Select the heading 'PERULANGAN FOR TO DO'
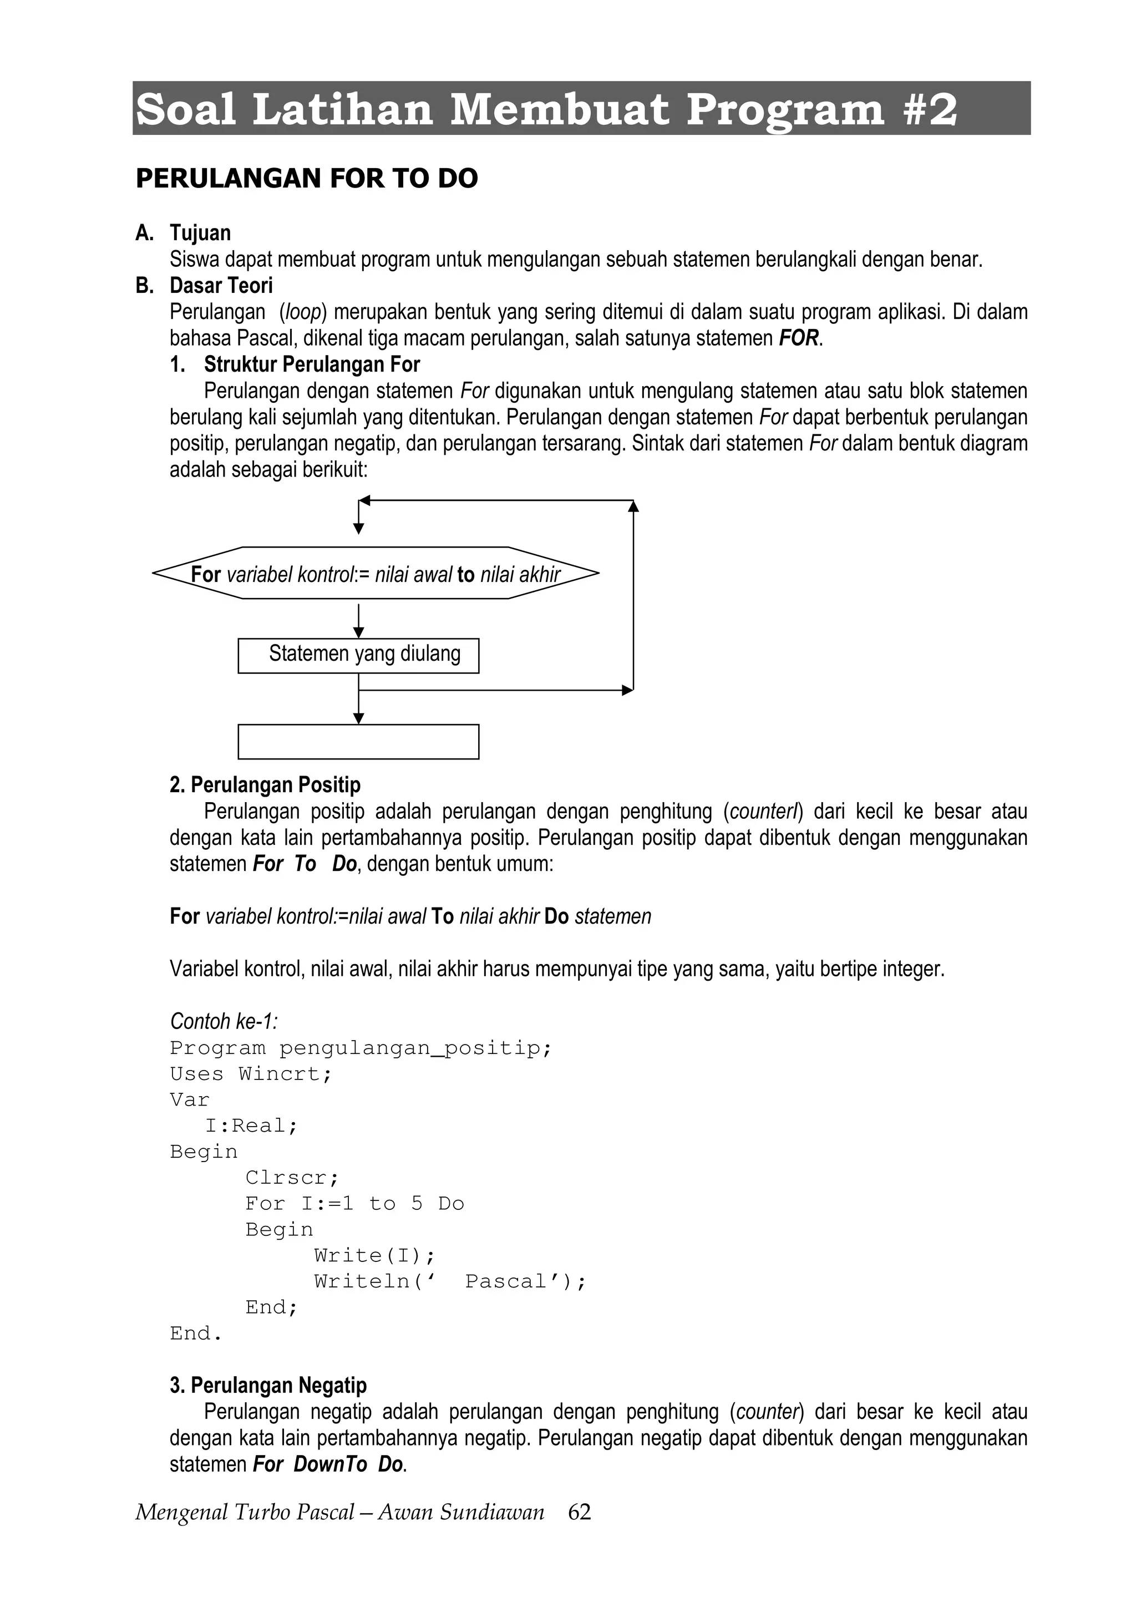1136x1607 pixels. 307,179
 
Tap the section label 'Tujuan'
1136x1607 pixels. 200,233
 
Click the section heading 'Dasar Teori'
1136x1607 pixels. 221,286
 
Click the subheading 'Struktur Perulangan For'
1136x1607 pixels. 312,364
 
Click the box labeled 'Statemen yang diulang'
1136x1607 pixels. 358,655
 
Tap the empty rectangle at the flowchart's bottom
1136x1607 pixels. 358,742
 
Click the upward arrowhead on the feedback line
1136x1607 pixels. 633,506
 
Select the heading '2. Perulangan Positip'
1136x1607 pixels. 265,784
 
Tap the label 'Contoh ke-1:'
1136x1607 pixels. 224,1021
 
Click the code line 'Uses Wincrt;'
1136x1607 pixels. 251,1074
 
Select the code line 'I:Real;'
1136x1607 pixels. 251,1126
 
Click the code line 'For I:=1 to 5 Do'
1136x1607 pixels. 355,1203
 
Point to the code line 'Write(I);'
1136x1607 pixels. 374,1255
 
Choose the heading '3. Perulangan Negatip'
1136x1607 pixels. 268,1385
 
